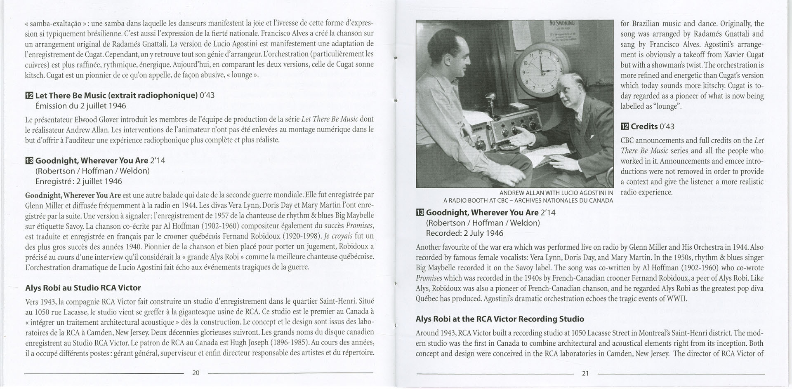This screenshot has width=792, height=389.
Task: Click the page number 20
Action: click(x=196, y=373)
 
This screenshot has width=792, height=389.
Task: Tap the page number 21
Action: click(x=585, y=373)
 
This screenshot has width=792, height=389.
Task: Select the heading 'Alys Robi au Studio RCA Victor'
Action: click(x=83, y=288)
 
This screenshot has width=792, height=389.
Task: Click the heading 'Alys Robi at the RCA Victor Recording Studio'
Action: click(x=500, y=319)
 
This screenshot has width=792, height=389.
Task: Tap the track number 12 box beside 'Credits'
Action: click(x=625, y=127)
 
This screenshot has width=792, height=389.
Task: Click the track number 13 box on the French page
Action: click(x=29, y=161)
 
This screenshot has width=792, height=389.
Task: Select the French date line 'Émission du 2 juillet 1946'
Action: click(x=80, y=106)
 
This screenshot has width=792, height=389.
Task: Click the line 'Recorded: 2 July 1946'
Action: click(x=464, y=233)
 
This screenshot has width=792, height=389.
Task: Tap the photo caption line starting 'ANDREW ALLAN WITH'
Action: click(x=556, y=193)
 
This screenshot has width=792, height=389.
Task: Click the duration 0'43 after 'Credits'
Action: click(x=667, y=127)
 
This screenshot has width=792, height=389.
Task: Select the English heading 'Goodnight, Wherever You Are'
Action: click(x=482, y=213)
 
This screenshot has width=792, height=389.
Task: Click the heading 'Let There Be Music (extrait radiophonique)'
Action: click(x=116, y=96)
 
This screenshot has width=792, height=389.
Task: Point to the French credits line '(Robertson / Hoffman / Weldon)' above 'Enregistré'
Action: click(x=92, y=171)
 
